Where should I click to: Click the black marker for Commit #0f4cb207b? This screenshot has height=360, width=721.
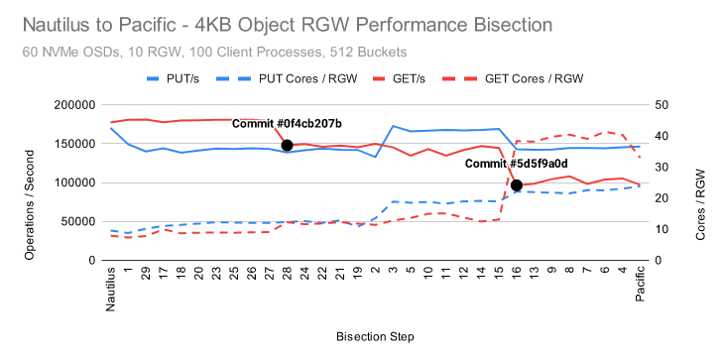click(287, 145)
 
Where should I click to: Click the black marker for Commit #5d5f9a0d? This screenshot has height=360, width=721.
click(517, 184)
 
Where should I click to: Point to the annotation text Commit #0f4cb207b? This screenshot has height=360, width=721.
click(287, 124)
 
